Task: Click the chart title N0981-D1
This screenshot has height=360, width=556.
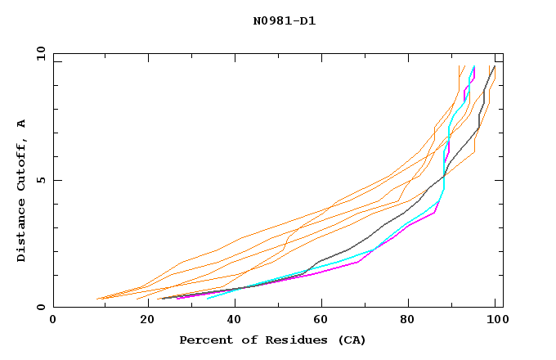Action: coord(284,21)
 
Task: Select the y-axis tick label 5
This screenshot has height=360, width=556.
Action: coord(43,180)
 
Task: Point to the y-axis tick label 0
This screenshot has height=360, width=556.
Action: coord(43,307)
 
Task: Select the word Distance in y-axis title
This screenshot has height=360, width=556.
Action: coord(21,232)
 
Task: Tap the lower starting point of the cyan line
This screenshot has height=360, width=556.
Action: coord(207,299)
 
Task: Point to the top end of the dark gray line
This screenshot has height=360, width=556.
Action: coord(494,66)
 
